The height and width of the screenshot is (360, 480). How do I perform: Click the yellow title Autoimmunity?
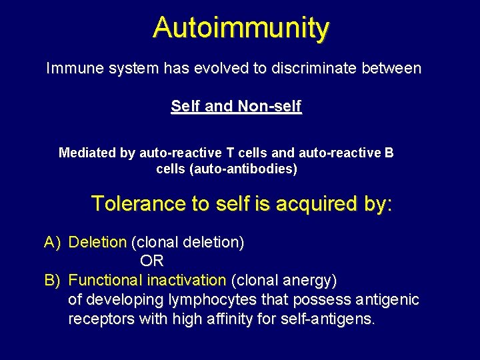240,28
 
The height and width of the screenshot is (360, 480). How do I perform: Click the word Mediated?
87,153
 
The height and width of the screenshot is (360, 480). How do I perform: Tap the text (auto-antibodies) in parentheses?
244,169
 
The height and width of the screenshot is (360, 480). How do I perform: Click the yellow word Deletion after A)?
97,243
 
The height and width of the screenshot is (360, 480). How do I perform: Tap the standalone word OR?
152,261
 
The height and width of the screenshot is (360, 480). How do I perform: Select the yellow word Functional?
106,280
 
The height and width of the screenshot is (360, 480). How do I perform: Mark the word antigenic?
390,300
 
